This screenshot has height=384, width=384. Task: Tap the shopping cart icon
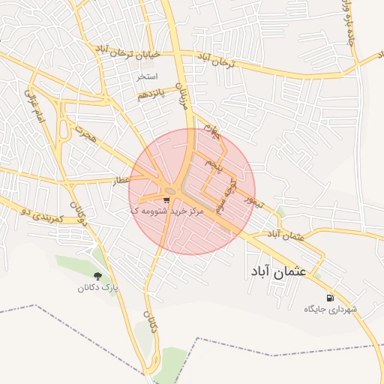point(166,200)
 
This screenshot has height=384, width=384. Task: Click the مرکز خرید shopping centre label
point(156,211)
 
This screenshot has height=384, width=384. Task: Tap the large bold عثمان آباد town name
point(276,271)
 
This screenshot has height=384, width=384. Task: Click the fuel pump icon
point(331,298)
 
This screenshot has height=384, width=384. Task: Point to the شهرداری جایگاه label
point(331,309)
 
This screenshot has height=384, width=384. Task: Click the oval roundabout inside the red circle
point(170,191)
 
